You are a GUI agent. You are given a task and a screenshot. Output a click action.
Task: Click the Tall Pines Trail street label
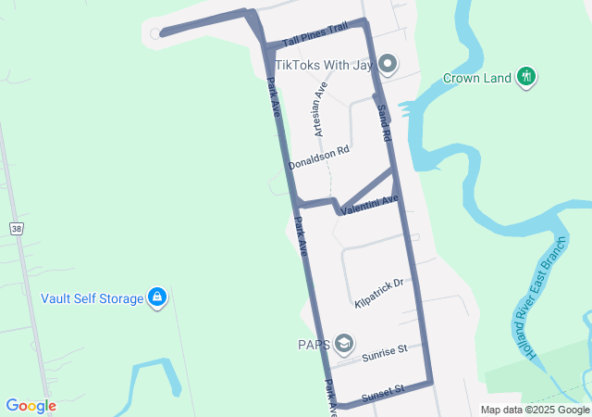point(314,35)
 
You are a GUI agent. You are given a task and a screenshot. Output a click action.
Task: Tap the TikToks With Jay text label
point(326,65)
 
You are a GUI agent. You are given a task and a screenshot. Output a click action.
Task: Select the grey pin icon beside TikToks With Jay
point(388,65)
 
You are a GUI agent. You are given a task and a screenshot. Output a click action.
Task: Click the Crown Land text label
point(476,78)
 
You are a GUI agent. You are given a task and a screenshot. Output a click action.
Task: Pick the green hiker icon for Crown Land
point(526,77)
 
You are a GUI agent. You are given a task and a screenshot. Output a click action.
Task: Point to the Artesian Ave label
point(321,109)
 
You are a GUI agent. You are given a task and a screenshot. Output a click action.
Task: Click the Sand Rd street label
point(384,122)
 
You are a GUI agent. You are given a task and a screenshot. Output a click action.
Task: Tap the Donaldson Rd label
point(318,158)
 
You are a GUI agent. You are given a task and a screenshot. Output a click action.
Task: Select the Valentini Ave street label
point(369,206)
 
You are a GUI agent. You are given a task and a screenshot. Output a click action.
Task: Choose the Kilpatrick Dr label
point(379,293)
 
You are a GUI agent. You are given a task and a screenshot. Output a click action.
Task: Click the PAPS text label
point(313,345)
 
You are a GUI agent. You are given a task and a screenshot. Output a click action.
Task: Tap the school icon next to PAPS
point(344,345)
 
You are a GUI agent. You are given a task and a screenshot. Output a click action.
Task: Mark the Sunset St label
point(382,392)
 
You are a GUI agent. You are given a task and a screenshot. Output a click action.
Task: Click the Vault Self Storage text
point(92,298)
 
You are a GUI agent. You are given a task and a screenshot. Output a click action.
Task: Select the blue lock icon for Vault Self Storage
point(157,297)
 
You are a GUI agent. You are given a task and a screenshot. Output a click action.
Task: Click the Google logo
point(31,406)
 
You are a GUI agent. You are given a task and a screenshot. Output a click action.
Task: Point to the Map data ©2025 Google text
point(535,410)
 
